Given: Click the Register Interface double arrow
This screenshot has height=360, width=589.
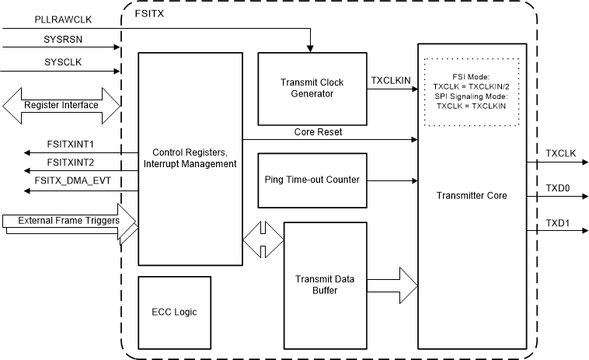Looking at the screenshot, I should (x=61, y=104).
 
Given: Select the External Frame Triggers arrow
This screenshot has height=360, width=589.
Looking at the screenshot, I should (x=70, y=221).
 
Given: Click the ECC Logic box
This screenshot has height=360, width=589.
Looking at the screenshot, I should (x=174, y=311).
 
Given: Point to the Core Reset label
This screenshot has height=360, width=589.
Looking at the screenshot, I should (x=319, y=132).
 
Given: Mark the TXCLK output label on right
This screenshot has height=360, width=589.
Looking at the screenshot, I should (x=560, y=154).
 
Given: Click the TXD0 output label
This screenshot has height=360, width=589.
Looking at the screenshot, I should (x=557, y=188).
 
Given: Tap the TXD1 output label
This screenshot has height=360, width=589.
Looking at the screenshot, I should (x=557, y=222).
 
